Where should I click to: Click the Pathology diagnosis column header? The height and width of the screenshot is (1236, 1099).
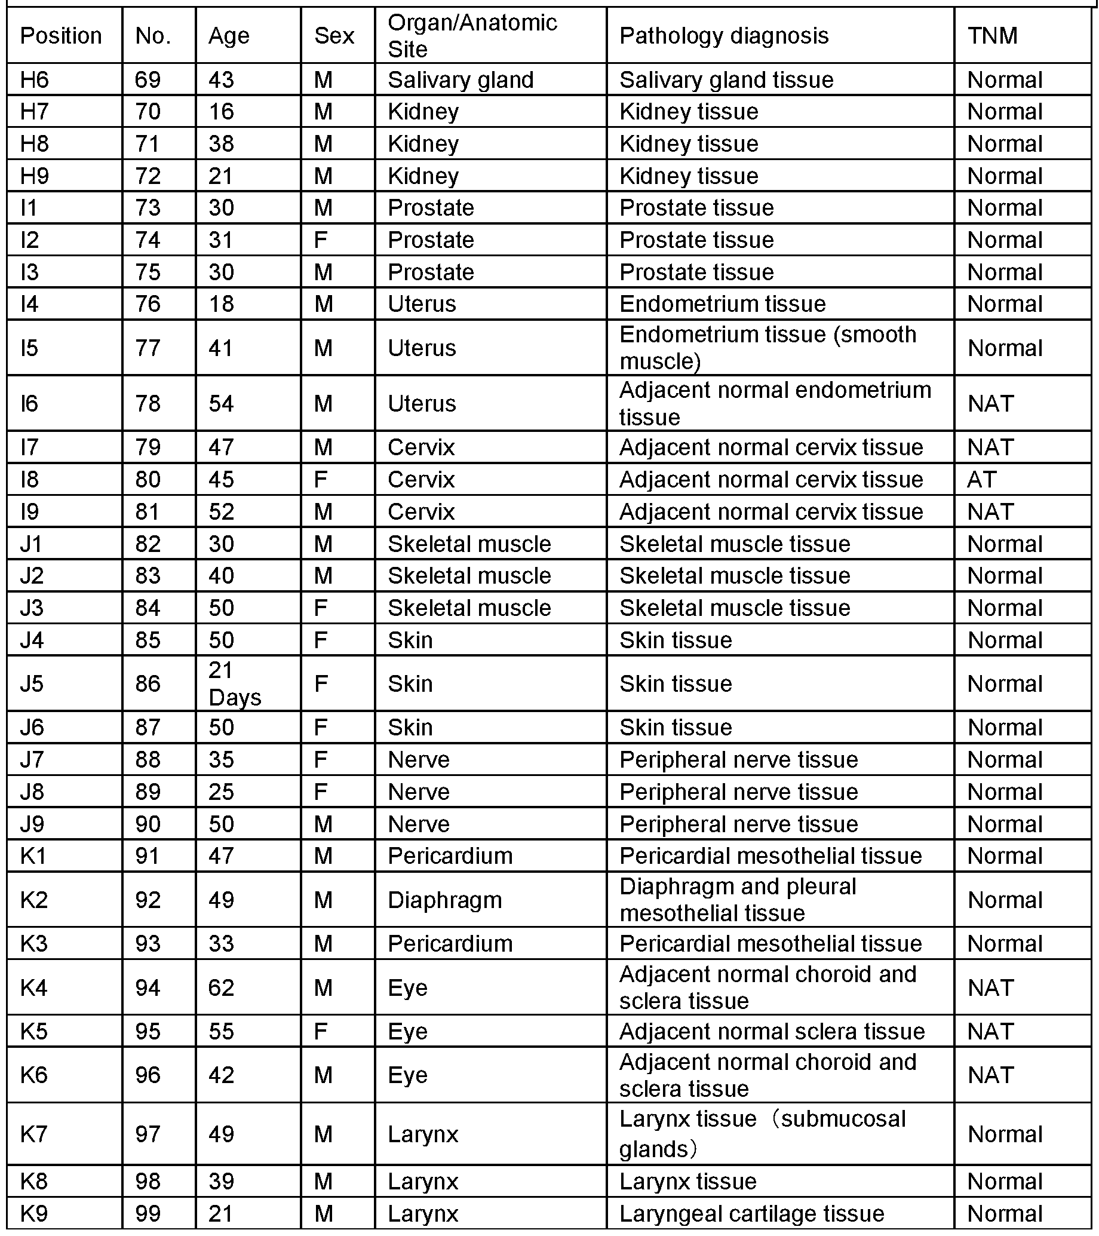(x=723, y=36)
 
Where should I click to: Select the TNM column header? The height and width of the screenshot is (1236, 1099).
(x=992, y=36)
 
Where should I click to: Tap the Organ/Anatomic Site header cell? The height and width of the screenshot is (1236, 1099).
(x=472, y=36)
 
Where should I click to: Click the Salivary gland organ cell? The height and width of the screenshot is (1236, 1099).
(x=461, y=80)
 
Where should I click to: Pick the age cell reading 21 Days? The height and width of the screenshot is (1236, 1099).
(x=235, y=684)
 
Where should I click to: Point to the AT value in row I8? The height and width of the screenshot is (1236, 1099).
(x=981, y=480)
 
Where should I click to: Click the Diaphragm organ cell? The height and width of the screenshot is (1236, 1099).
(x=444, y=900)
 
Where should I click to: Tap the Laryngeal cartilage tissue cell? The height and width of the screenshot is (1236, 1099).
(x=751, y=1214)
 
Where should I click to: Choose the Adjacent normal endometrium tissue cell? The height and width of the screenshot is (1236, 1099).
(x=775, y=403)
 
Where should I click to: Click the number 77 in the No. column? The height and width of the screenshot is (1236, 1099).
(x=148, y=348)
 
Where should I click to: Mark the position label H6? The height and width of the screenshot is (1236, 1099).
(x=34, y=80)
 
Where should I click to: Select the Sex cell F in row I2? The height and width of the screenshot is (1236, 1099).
(x=320, y=240)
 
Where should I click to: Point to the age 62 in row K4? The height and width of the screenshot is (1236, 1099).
(x=221, y=987)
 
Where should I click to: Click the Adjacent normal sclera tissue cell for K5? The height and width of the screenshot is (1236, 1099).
(x=772, y=1031)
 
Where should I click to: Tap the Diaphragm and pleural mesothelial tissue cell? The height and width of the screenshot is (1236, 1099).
(x=738, y=900)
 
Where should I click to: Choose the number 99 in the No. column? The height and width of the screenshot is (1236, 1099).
(x=148, y=1214)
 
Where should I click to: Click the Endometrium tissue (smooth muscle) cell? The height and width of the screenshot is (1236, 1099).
(x=768, y=348)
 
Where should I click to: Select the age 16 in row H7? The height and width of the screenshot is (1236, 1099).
(x=221, y=112)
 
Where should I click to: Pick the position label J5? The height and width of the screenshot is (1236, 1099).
(x=32, y=684)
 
